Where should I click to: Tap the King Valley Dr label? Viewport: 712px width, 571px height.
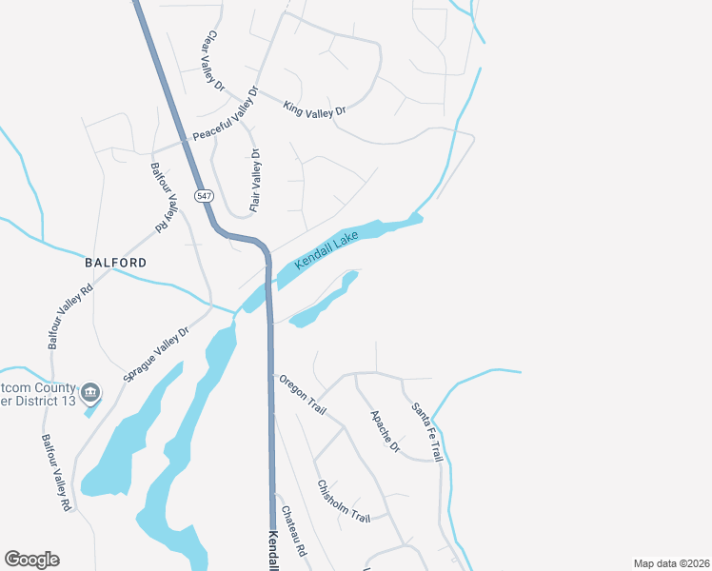click(314, 110)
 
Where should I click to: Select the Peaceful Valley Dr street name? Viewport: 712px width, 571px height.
click(226, 116)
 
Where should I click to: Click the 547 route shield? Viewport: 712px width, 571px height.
click(205, 195)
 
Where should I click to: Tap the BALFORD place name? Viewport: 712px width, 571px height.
click(115, 262)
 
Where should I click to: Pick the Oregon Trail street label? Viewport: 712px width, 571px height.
click(303, 395)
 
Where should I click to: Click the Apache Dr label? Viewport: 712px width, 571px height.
click(385, 431)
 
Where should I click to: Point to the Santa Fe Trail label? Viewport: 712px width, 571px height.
click(427, 433)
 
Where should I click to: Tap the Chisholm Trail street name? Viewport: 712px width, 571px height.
click(344, 501)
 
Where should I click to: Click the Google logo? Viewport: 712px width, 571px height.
click(31, 560)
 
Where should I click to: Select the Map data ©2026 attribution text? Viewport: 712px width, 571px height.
click(671, 563)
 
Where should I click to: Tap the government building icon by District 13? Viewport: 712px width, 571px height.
click(90, 391)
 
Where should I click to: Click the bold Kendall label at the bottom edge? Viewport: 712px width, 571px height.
click(272, 551)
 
